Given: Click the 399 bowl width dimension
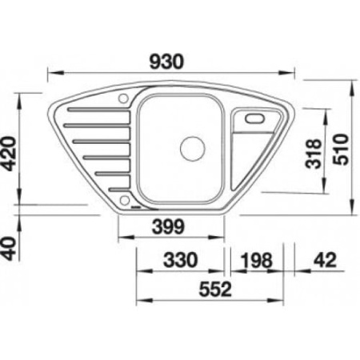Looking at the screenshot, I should click(x=167, y=226).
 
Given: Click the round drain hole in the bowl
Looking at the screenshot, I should click(x=192, y=148).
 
